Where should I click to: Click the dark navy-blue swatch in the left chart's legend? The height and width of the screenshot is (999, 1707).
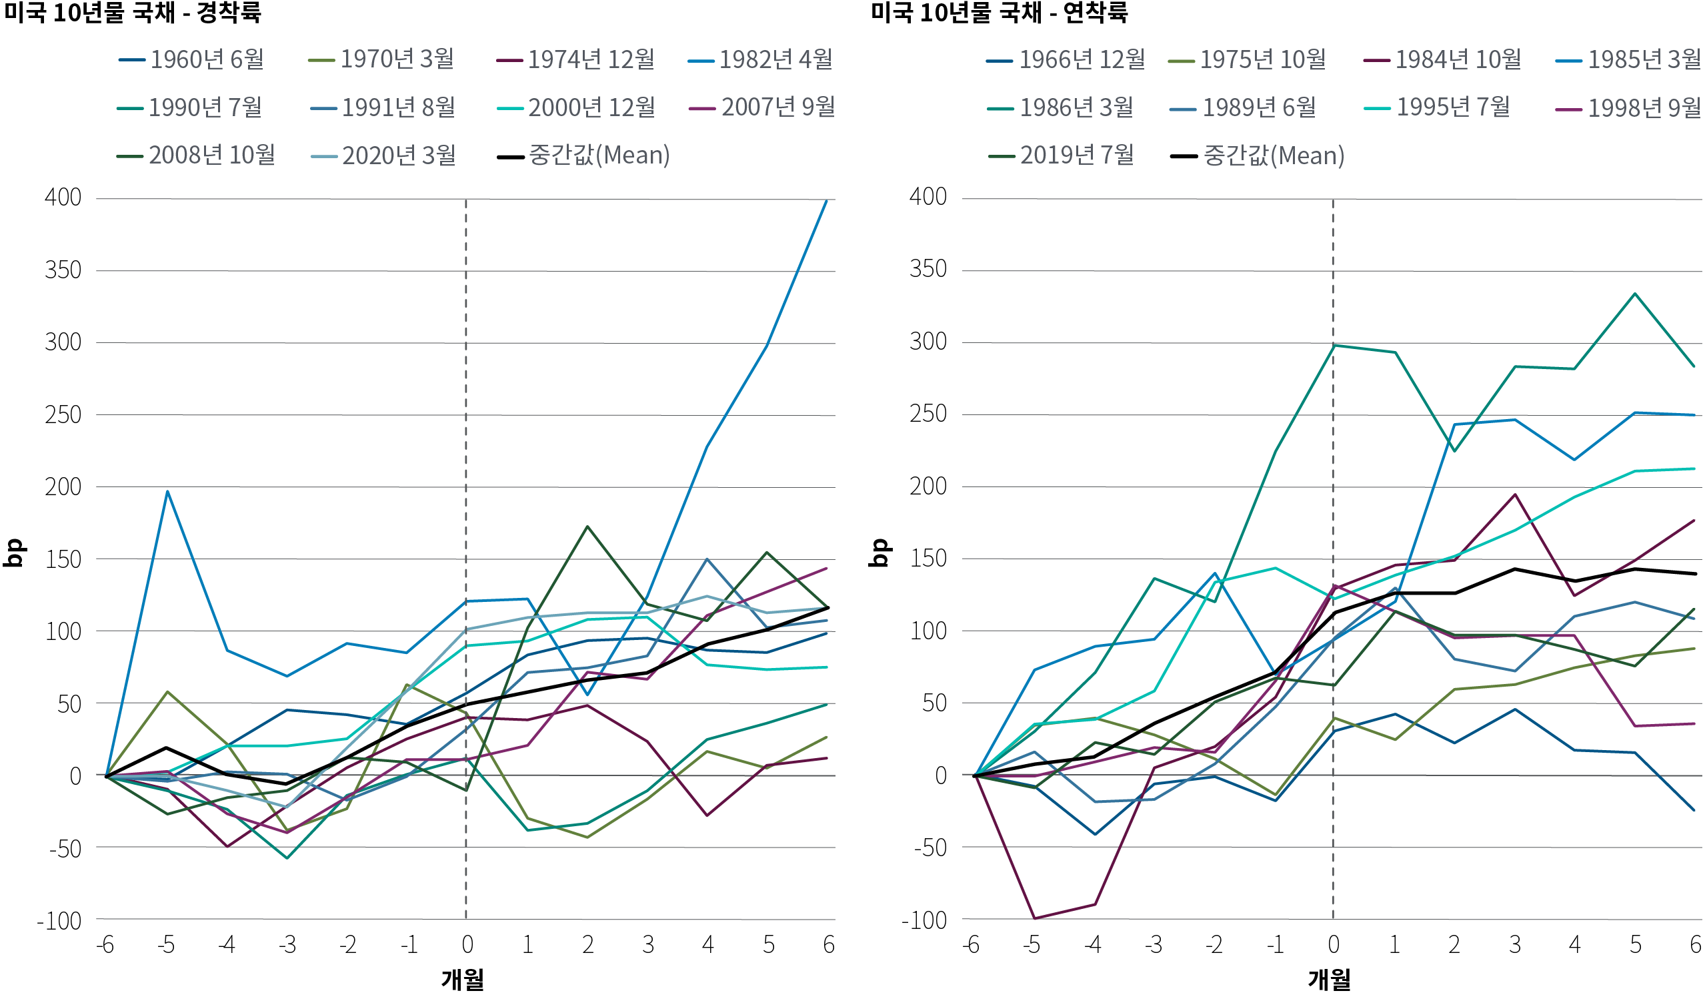click(x=137, y=60)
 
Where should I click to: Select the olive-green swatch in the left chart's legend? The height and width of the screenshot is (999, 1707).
click(x=327, y=60)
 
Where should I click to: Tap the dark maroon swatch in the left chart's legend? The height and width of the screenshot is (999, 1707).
click(x=515, y=60)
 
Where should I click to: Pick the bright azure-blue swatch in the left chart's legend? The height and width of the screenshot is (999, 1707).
click(x=706, y=61)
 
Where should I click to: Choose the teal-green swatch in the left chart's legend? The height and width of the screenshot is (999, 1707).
click(x=135, y=108)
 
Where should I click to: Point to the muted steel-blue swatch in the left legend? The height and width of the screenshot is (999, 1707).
click(x=329, y=108)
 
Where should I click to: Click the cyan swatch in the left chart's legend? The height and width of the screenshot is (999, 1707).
click(x=516, y=108)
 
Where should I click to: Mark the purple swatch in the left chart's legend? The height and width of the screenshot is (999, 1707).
click(x=708, y=108)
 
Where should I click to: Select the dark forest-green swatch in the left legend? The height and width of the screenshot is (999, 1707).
click(x=135, y=157)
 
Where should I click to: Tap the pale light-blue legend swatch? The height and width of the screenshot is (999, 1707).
click(x=330, y=157)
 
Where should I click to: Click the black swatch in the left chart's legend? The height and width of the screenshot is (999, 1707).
click(x=517, y=157)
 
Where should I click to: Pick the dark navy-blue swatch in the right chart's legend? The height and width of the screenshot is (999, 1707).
click(x=1006, y=61)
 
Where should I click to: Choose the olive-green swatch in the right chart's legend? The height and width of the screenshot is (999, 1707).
click(x=1187, y=61)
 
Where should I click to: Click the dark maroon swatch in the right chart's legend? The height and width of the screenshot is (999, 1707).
click(x=1382, y=60)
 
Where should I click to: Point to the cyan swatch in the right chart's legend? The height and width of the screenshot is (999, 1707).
click(x=1382, y=108)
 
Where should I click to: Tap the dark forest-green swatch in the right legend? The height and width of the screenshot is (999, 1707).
click(x=1008, y=157)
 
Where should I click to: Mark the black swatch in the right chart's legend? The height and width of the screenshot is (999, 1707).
click(x=1190, y=157)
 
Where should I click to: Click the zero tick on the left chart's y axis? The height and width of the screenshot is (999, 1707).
click(x=81, y=777)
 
